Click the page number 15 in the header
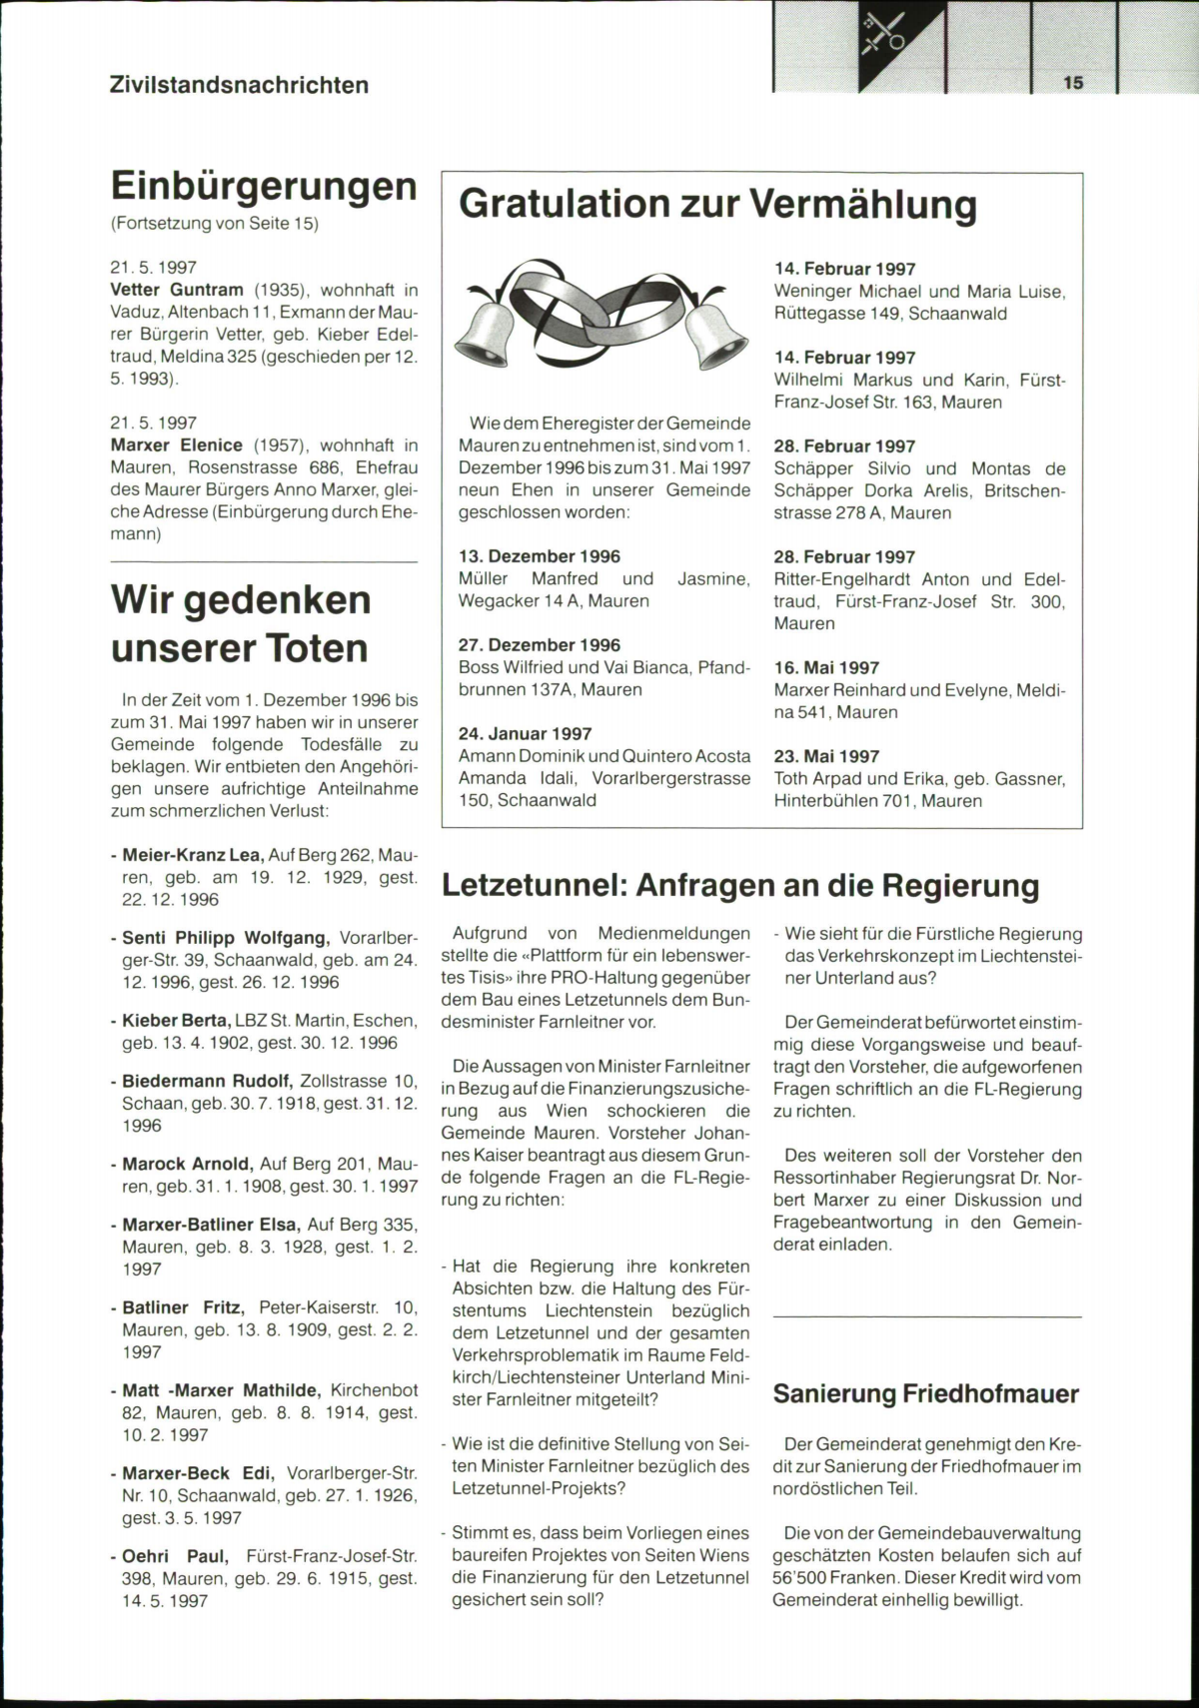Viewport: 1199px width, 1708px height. coord(1073,83)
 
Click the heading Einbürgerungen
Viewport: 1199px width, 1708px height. coord(264,186)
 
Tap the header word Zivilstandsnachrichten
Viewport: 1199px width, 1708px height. coord(239,85)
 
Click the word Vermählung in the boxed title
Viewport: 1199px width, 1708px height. coord(862,204)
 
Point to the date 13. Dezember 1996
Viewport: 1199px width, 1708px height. coord(540,556)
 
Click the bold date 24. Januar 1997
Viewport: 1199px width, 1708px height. coord(525,734)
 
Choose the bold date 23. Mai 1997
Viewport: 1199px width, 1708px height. coord(826,756)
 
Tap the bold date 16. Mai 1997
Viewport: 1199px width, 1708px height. coord(826,667)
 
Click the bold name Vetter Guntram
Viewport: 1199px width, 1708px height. coord(177,290)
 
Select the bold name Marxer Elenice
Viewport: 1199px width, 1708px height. coord(177,444)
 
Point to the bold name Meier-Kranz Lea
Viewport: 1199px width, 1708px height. coord(192,855)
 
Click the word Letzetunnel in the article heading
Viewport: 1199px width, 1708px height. coord(532,885)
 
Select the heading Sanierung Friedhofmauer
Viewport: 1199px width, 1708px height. coord(926,1393)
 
